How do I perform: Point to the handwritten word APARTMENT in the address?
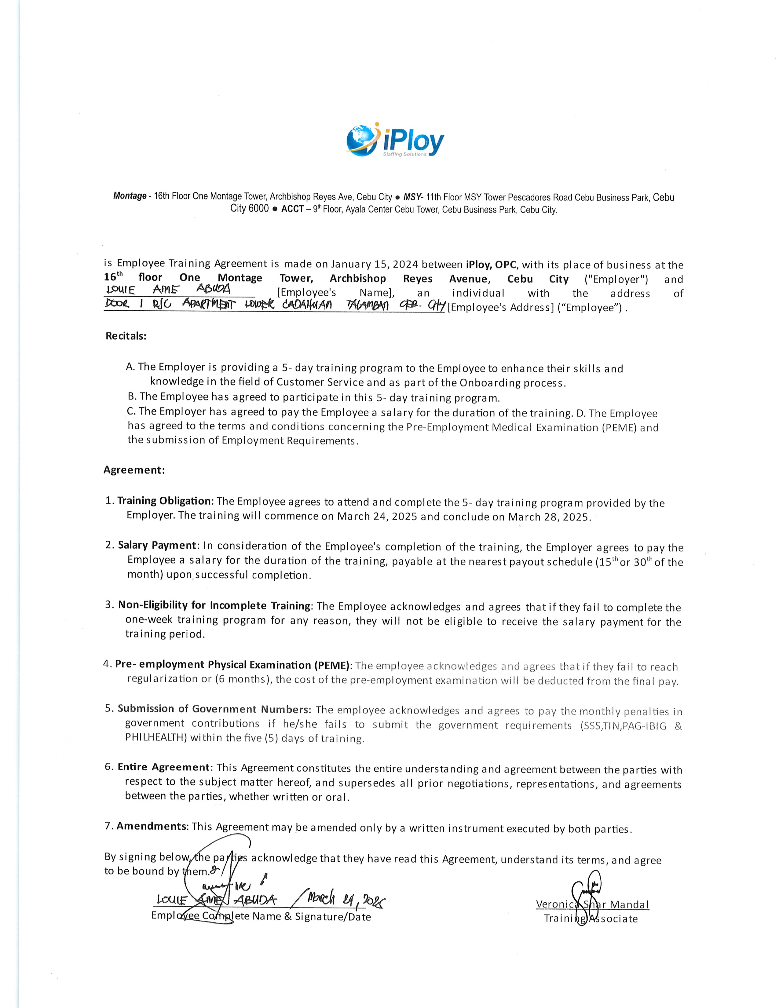[209, 305]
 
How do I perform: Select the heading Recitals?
[126, 336]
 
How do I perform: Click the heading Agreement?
[134, 470]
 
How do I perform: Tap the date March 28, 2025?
[549, 517]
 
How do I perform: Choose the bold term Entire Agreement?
[164, 767]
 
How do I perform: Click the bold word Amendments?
[152, 826]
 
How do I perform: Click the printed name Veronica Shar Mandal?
[592, 905]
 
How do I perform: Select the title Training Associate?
[591, 919]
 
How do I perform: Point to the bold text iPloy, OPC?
[491, 265]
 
